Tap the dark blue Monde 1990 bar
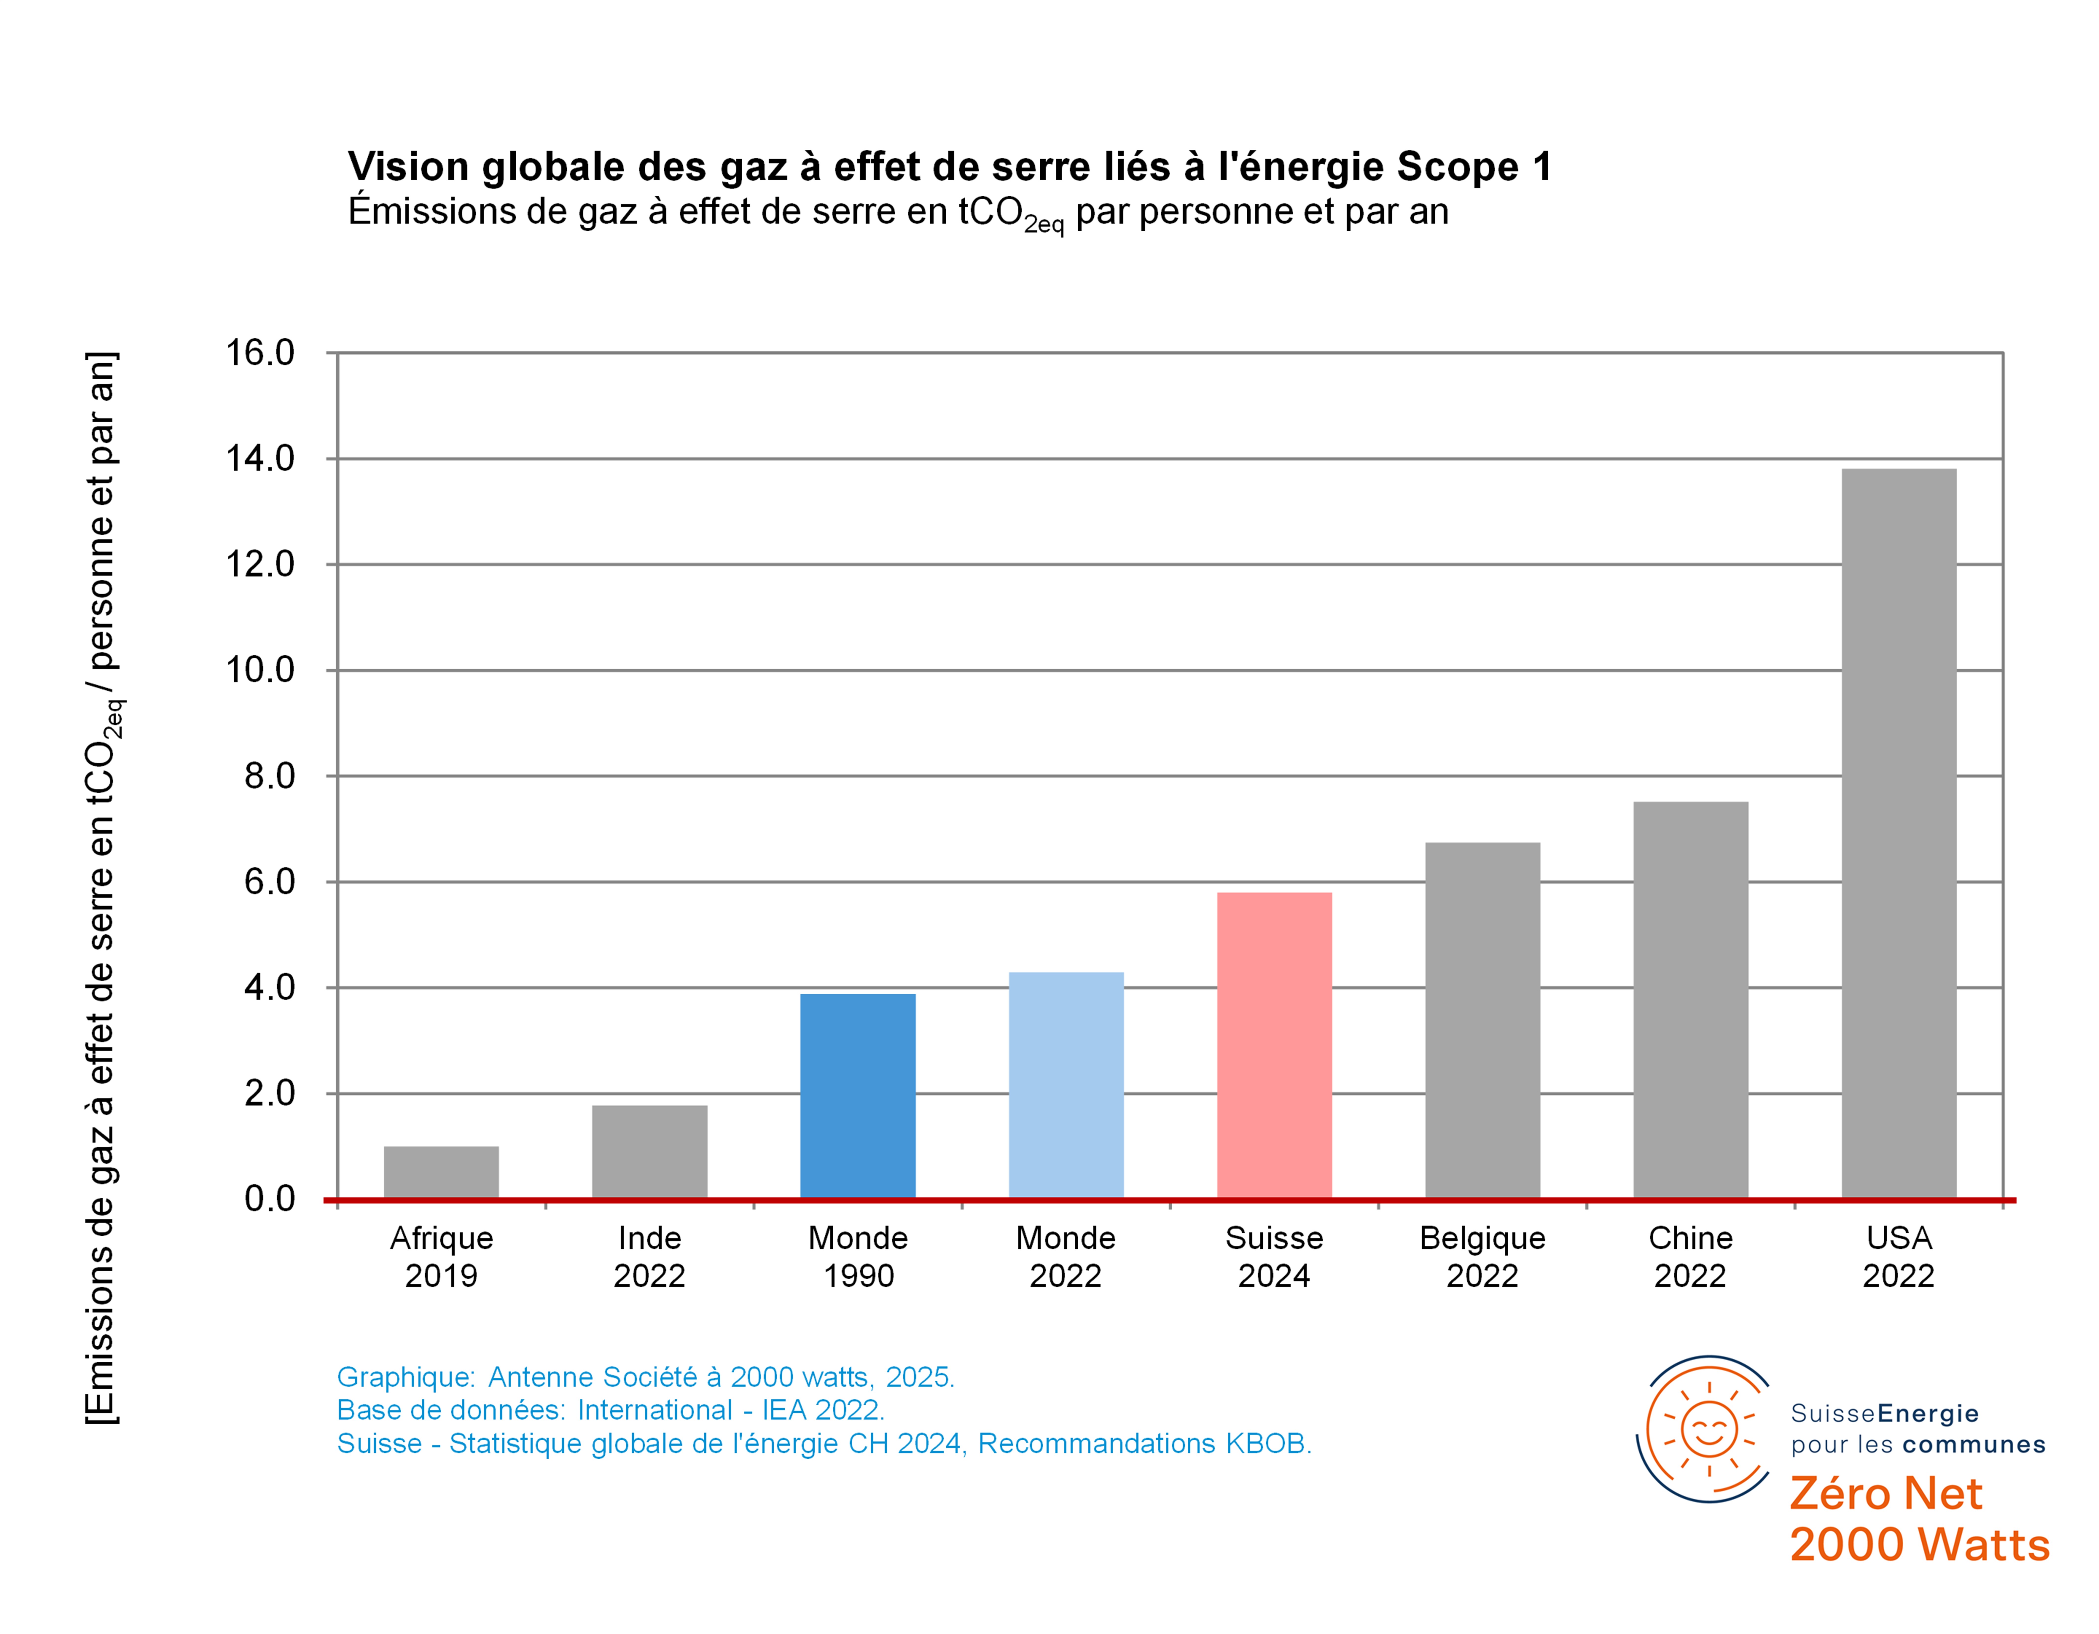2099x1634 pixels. (x=857, y=1096)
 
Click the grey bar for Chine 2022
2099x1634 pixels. (x=1690, y=1000)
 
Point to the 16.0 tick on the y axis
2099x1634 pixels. (x=260, y=353)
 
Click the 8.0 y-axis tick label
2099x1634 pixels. (x=269, y=776)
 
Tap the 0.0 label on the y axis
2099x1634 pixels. (x=269, y=1199)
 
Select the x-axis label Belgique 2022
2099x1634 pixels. (x=1482, y=1256)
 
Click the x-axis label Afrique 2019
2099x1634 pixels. (x=441, y=1256)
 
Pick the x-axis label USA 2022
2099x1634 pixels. (x=1898, y=1256)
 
